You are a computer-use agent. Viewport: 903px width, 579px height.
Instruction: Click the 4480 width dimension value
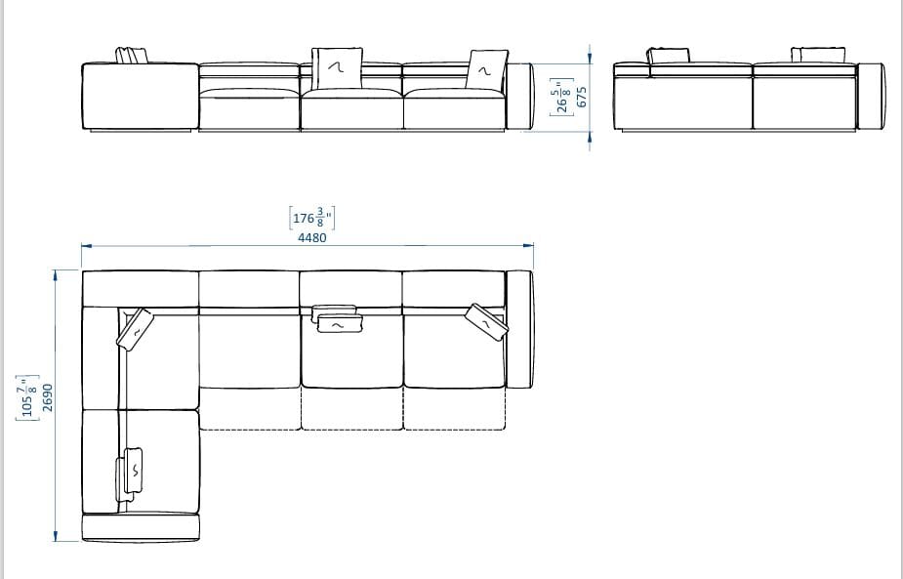(311, 237)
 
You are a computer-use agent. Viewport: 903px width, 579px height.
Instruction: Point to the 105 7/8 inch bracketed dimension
(26, 397)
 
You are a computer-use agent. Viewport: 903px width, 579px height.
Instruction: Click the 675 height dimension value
(582, 97)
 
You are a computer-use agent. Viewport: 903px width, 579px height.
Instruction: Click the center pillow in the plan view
(337, 319)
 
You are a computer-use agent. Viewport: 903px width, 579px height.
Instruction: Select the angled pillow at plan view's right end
(486, 321)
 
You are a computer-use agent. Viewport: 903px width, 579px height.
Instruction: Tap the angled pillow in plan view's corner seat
(135, 328)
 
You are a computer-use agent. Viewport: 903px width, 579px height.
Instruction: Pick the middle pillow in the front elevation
(338, 64)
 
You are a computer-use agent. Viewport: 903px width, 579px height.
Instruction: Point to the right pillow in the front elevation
(485, 69)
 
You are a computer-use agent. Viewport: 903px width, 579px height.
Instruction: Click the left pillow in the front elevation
(132, 56)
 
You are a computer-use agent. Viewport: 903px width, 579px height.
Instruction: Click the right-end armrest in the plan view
(519, 328)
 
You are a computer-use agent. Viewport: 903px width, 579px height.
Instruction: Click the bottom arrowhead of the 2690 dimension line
(56, 534)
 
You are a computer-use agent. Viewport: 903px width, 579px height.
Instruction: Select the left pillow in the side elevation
(670, 56)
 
